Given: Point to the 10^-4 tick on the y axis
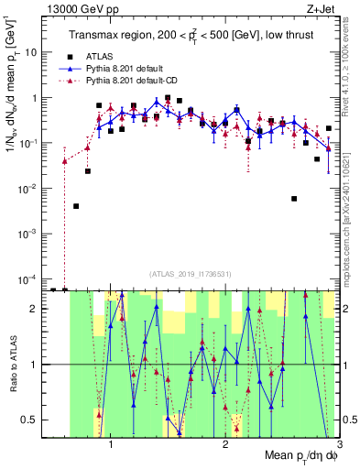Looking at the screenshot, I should click(x=30, y=278).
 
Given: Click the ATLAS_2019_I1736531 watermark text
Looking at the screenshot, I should click(x=194, y=273).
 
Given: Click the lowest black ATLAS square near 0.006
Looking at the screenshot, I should click(x=294, y=198).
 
